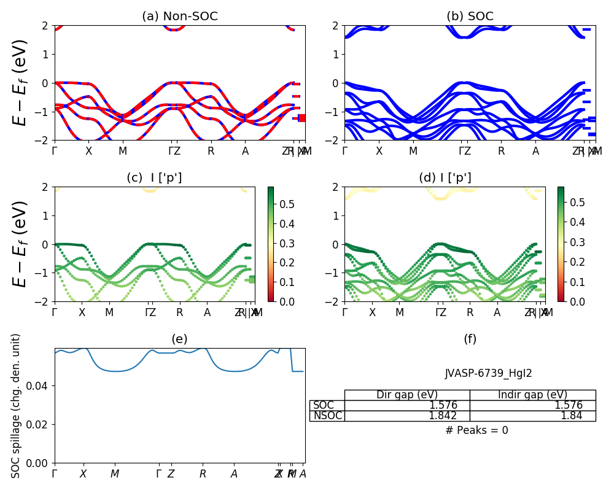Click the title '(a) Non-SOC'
click(x=180, y=17)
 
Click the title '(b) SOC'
click(x=470, y=17)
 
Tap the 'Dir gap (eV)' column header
click(x=407, y=395)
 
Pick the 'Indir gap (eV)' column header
click(x=532, y=395)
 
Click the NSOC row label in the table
click(x=327, y=416)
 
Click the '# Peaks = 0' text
click(x=476, y=430)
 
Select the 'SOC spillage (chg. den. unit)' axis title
click(x=17, y=406)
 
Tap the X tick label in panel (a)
click(x=88, y=151)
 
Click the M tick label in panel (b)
click(x=413, y=151)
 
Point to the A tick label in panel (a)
click(x=246, y=151)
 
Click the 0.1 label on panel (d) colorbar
click(x=571, y=282)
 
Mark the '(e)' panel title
click(x=179, y=339)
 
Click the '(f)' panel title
click(x=470, y=339)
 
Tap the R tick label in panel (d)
click(x=470, y=312)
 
